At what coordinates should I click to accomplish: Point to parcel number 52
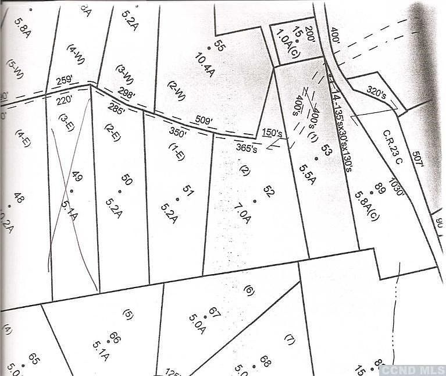pos(268,190)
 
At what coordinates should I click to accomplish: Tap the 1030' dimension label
pos(398,186)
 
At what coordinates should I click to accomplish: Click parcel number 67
pos(213,313)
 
